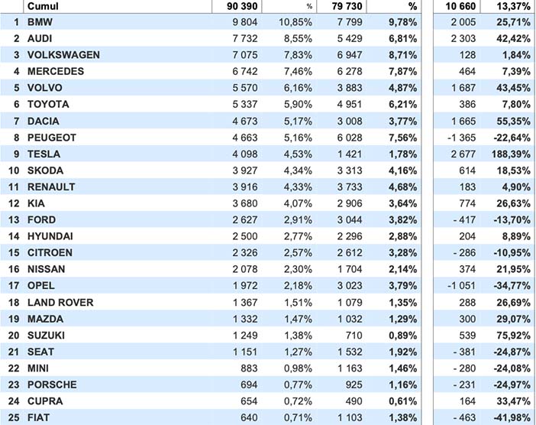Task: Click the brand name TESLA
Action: point(44,154)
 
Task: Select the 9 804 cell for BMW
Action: point(245,22)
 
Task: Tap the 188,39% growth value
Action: point(511,154)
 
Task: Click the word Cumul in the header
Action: point(43,6)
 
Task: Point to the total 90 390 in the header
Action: point(242,6)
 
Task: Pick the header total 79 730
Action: point(347,6)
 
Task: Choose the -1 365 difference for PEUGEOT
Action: point(461,138)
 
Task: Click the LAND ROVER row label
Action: point(60,303)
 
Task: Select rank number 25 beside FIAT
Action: point(14,417)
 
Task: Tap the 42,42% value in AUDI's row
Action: point(513,38)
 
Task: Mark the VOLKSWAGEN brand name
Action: point(63,55)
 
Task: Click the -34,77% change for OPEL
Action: point(512,285)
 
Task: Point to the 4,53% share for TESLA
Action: point(298,154)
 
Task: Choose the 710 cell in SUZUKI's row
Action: point(354,336)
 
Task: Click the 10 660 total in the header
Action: point(460,6)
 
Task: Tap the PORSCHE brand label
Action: point(52,384)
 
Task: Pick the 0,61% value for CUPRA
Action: point(402,401)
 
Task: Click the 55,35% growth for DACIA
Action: point(513,121)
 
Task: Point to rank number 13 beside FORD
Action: point(14,219)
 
